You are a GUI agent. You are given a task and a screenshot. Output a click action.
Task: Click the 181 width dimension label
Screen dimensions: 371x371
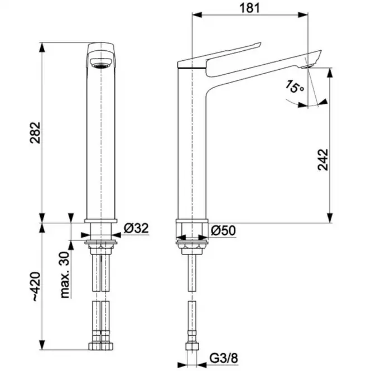[x=249, y=8]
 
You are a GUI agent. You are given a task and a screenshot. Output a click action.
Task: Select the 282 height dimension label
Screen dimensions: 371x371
[x=35, y=133]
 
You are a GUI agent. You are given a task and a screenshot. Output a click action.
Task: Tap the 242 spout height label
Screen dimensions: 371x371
[x=323, y=159]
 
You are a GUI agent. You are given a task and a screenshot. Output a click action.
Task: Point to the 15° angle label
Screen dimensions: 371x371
[x=294, y=86]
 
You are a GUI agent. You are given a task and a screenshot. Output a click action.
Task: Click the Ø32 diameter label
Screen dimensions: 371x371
[x=136, y=228]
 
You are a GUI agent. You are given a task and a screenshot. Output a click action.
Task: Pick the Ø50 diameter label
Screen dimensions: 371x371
[x=223, y=230]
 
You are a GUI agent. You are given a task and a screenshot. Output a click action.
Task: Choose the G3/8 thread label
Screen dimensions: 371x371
[x=224, y=358]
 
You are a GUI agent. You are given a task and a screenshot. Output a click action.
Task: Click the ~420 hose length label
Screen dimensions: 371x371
[x=36, y=287]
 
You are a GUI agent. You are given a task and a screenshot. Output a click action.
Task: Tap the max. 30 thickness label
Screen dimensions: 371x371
[x=65, y=274]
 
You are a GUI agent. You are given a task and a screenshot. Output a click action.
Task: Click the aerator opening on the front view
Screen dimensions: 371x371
[x=101, y=64]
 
